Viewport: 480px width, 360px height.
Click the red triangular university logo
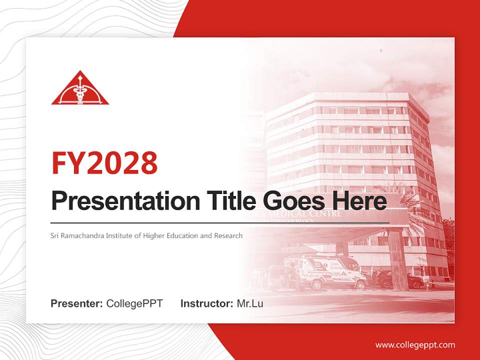tap(80, 89)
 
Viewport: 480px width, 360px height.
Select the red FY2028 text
tap(104, 162)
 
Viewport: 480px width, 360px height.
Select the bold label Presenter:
tap(77, 303)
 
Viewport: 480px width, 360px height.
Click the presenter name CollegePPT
tap(134, 303)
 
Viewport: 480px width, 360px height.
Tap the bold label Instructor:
tap(206, 303)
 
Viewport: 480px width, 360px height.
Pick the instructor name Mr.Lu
tap(250, 303)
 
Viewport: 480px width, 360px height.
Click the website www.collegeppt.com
tap(415, 345)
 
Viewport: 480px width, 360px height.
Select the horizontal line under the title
tap(220, 222)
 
